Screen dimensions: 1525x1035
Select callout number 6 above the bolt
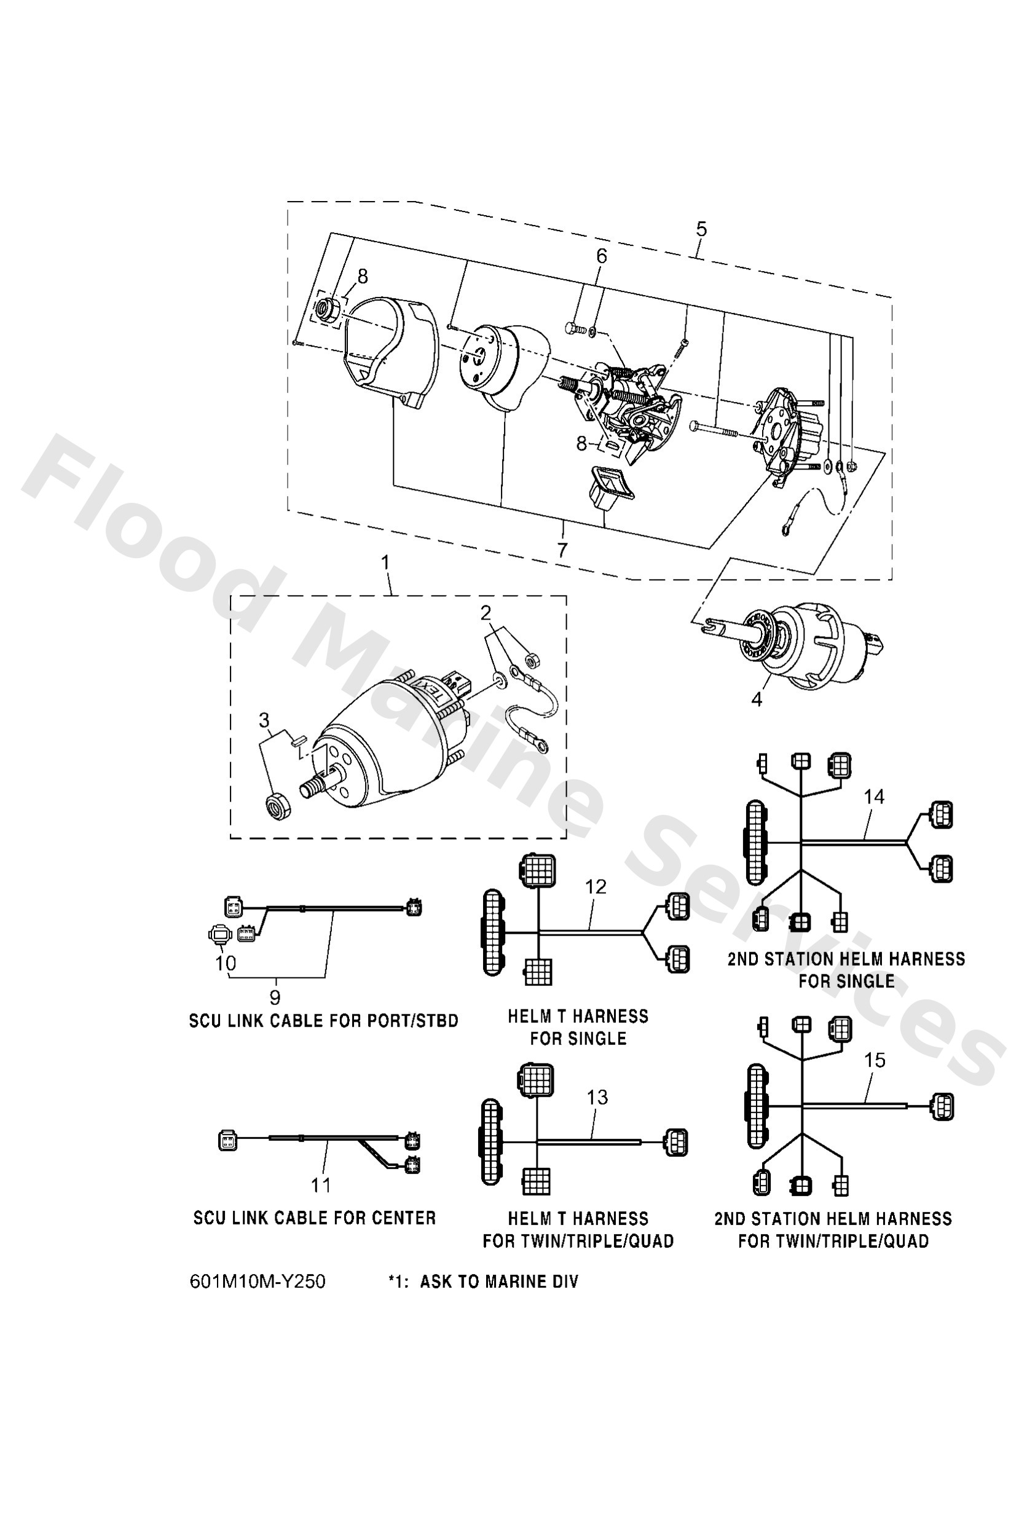(602, 256)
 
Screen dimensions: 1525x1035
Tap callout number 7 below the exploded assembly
(562, 550)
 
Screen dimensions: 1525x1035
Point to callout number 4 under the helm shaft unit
(757, 700)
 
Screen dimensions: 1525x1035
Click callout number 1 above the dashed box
(385, 562)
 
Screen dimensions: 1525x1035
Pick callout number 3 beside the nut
(264, 720)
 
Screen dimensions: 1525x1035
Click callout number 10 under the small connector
(225, 963)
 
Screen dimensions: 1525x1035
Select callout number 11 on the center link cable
(320, 1185)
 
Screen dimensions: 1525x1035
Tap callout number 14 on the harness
(874, 797)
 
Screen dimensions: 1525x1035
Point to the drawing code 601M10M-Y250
(258, 1282)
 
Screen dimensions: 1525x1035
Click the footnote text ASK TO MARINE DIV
(499, 1282)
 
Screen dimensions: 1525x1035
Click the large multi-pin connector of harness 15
(755, 1106)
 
